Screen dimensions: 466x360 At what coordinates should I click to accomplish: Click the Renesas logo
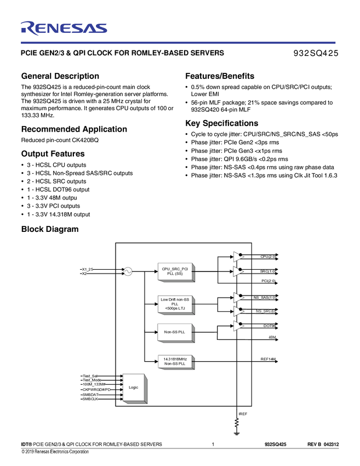[x=64, y=28]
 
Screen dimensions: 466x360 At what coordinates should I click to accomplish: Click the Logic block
[x=134, y=387]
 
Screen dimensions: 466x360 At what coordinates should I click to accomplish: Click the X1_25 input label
[x=88, y=269]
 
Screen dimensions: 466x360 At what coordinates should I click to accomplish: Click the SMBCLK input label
[x=90, y=399]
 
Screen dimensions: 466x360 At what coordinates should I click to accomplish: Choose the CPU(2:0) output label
[x=268, y=256]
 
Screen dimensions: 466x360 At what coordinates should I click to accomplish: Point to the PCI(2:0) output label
[x=268, y=281]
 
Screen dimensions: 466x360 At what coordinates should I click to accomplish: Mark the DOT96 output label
[x=269, y=326]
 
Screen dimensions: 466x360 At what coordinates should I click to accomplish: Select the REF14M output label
[x=268, y=359]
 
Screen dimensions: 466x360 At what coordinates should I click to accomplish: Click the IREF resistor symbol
[x=237, y=423]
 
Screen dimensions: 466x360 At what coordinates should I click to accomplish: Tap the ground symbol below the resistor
[x=237, y=434]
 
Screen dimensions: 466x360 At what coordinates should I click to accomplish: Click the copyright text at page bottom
[x=55, y=452]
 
